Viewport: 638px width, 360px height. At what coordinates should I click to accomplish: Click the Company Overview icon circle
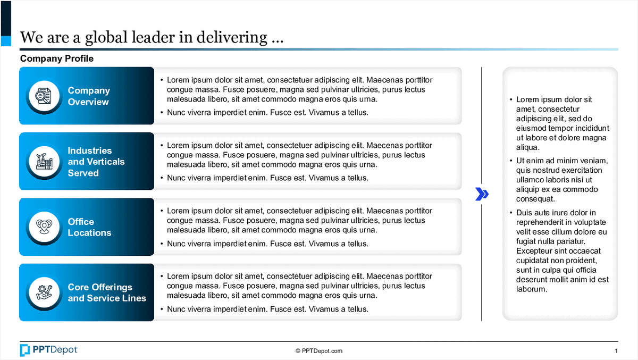tap(42, 96)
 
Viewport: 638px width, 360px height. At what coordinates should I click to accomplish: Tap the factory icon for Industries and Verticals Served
tap(42, 162)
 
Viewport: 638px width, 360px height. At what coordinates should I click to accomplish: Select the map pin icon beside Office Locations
tap(42, 227)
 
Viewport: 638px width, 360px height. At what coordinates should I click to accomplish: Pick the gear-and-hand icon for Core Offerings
tap(42, 292)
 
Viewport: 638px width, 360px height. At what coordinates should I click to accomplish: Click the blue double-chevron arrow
tap(482, 194)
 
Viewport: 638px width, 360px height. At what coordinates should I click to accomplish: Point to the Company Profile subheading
tap(57, 58)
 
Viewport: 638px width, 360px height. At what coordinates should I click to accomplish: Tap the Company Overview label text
tap(89, 96)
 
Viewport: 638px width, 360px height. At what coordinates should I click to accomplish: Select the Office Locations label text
tap(89, 227)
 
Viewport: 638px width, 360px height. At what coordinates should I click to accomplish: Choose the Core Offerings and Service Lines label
tap(106, 292)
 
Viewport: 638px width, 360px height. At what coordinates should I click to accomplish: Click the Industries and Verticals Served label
tap(96, 162)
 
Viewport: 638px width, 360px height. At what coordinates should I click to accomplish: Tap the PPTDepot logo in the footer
tap(48, 350)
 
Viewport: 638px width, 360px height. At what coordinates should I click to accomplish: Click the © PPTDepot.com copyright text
tap(319, 351)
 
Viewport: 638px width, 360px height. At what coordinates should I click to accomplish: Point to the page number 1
tap(616, 351)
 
